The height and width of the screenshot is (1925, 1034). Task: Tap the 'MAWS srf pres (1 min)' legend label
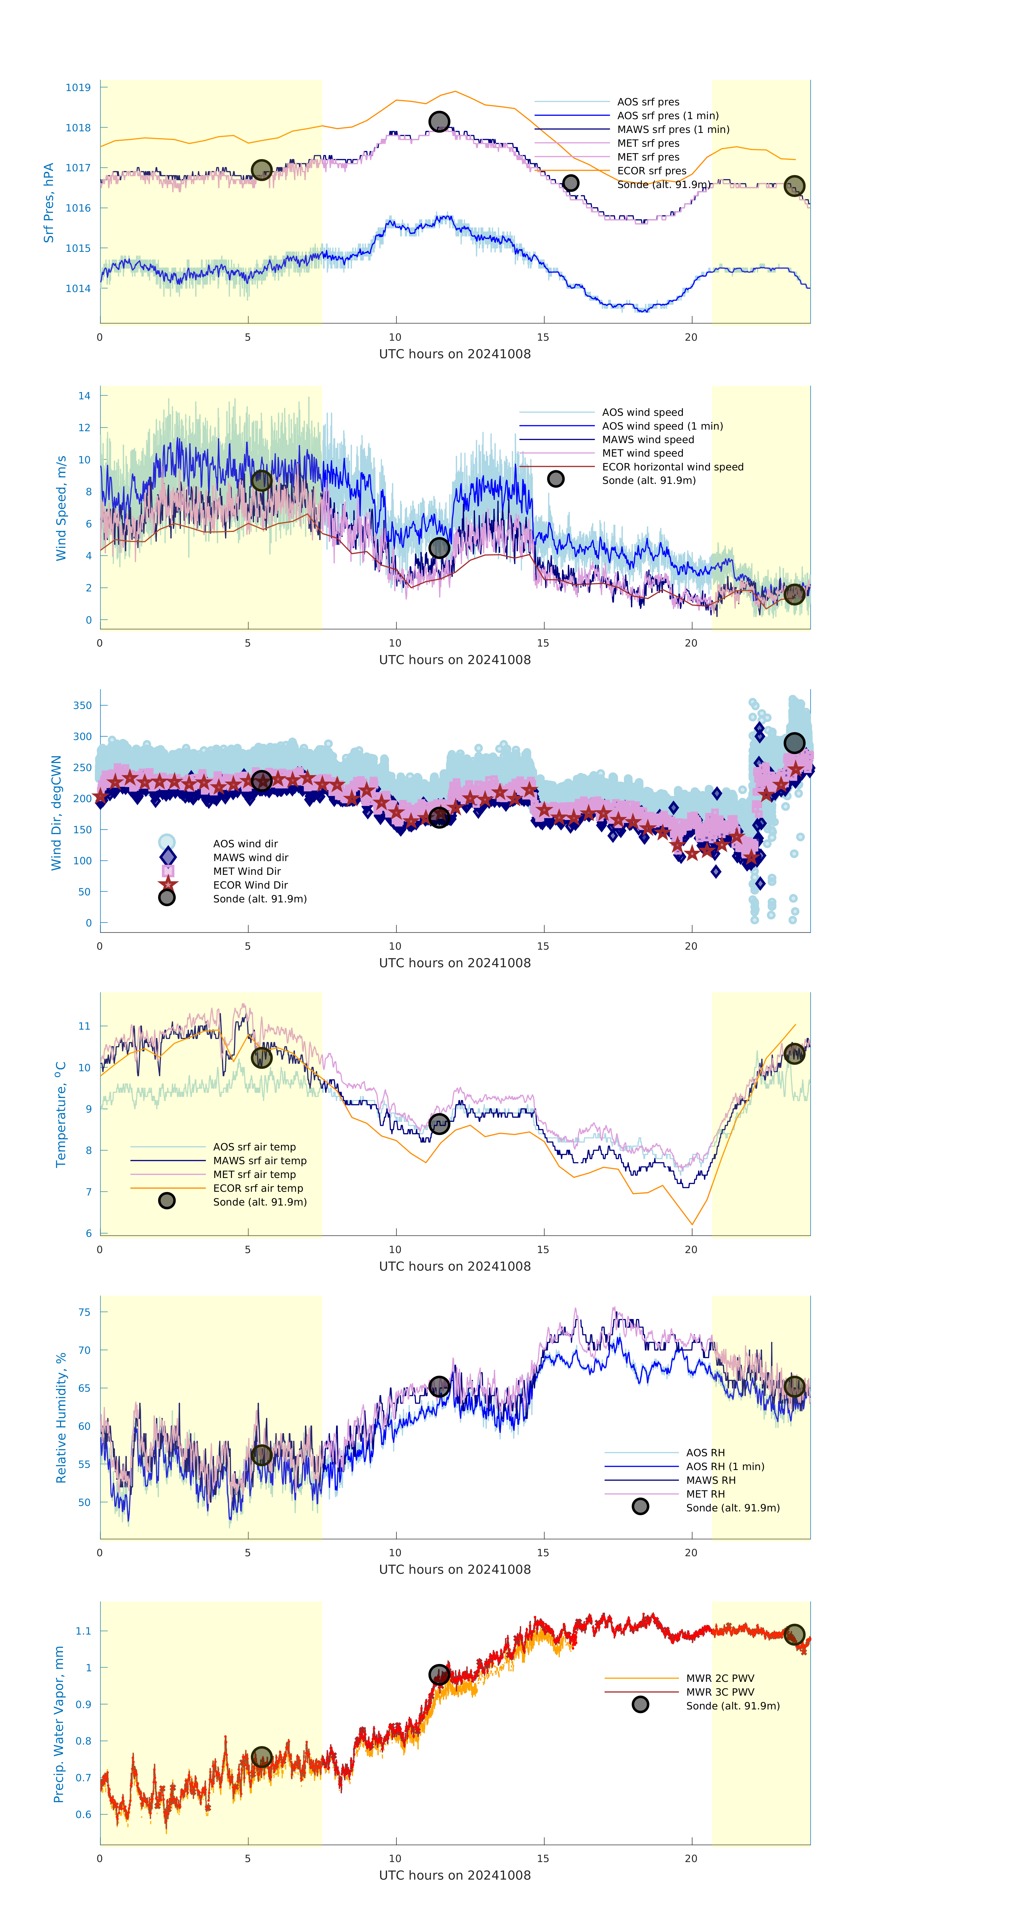coord(673,129)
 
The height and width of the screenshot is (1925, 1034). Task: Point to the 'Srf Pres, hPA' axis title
coord(49,203)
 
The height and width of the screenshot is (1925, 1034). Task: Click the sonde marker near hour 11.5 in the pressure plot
coord(439,121)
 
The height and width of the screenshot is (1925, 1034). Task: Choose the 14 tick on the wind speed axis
coord(85,396)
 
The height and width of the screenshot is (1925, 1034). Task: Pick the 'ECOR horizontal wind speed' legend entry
coord(672,467)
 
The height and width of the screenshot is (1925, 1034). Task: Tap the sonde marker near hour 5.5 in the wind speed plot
coord(261,480)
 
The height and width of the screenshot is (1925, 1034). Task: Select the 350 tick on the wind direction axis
coord(82,705)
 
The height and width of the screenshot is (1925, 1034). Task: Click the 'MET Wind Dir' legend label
coord(247,871)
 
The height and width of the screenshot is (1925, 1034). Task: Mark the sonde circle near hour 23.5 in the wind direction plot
coord(794,743)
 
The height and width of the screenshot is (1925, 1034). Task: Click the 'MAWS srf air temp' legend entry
coord(260,1160)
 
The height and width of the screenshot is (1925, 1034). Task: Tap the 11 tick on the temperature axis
coord(85,1026)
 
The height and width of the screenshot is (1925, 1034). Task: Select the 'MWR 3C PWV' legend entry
coord(720,1692)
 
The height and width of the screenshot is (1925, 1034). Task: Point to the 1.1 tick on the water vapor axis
coord(83,1631)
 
